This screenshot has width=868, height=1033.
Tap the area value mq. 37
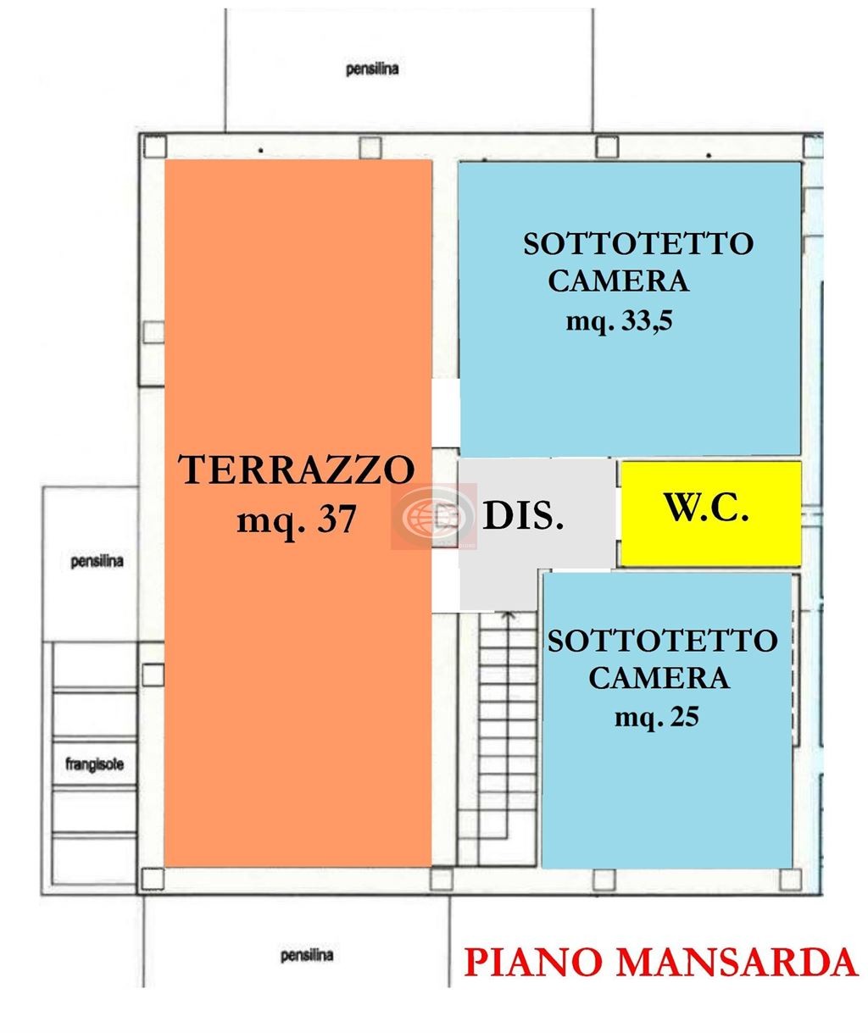296,519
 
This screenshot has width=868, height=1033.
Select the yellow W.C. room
710,513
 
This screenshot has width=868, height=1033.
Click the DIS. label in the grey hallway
523,515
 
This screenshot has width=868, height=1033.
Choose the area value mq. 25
657,717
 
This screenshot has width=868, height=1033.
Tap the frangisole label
94,764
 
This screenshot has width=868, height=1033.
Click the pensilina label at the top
372,69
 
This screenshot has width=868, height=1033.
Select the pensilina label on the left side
97,561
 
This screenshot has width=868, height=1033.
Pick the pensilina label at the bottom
307,956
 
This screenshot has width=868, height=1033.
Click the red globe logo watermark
433,514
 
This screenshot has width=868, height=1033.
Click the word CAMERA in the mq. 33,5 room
618,280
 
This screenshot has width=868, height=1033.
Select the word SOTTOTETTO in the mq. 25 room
662,641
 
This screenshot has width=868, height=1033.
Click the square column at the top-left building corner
153,147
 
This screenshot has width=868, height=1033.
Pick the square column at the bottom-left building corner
153,878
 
